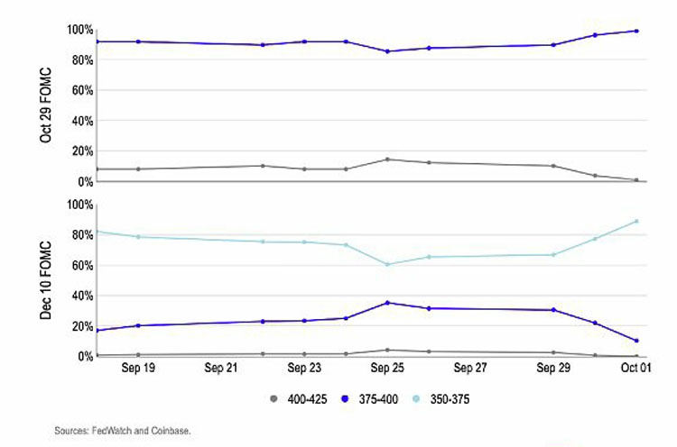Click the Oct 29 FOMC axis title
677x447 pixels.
click(45, 105)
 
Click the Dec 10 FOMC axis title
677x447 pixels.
click(45, 280)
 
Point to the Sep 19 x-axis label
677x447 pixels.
click(137, 369)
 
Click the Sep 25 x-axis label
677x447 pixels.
click(387, 369)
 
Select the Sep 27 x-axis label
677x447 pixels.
click(470, 369)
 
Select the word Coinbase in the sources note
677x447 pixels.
click(169, 431)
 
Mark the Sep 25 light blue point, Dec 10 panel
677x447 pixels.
click(387, 264)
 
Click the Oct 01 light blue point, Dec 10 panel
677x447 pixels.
click(636, 221)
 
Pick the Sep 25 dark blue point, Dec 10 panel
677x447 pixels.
click(387, 303)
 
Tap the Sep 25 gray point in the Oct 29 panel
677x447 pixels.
click(387, 160)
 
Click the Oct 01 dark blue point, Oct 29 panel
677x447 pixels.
click(636, 31)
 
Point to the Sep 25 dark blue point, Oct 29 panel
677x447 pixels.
click(387, 51)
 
